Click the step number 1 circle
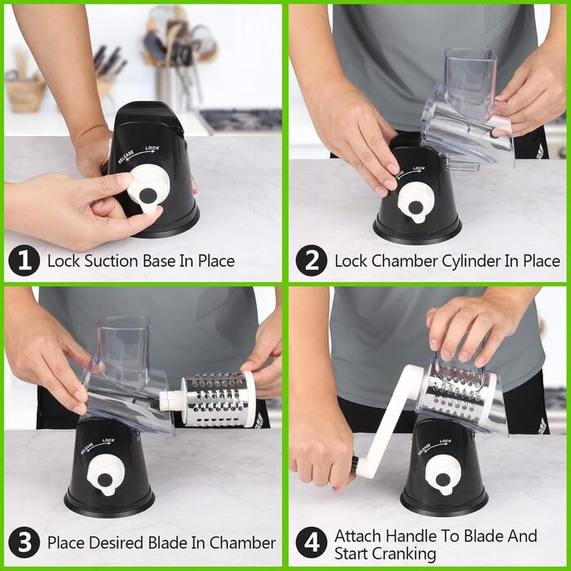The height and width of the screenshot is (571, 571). click(x=24, y=260)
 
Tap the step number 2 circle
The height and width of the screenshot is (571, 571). click(x=312, y=260)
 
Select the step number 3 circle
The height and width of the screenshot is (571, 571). click(x=24, y=542)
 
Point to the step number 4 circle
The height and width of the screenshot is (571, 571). click(x=312, y=542)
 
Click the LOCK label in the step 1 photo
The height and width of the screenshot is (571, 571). click(x=153, y=148)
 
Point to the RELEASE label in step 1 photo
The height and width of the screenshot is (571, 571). click(x=126, y=157)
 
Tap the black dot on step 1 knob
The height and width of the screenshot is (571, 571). click(x=148, y=197)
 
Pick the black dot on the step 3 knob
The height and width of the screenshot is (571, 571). click(x=105, y=480)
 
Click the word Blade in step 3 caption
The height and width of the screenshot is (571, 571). click(x=164, y=542)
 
